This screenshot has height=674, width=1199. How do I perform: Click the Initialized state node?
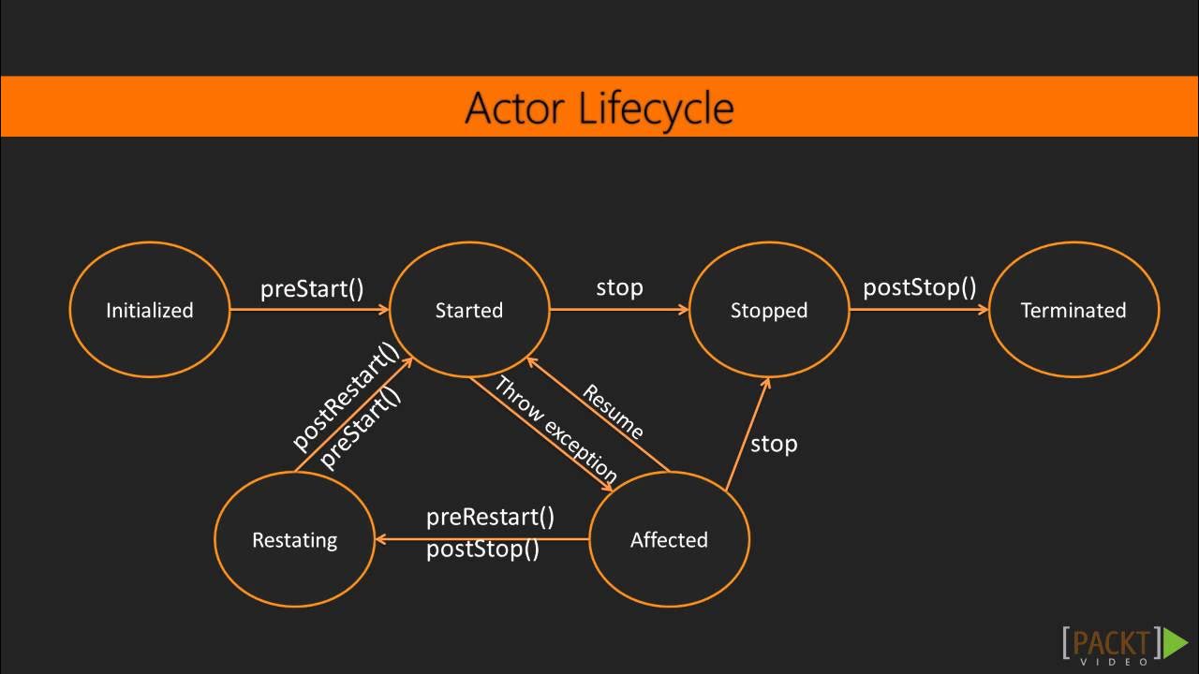(x=149, y=310)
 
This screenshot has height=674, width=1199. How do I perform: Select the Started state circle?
(x=468, y=310)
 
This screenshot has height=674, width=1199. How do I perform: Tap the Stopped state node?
(x=768, y=310)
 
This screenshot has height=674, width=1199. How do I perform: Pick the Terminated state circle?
(x=1073, y=310)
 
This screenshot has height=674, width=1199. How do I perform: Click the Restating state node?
(x=294, y=539)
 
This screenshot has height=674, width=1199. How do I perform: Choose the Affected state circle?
(x=669, y=539)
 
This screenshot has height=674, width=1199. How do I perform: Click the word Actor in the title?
(x=515, y=108)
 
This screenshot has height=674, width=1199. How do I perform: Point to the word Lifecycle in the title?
(x=656, y=108)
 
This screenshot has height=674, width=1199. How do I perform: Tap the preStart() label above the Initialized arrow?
(x=311, y=288)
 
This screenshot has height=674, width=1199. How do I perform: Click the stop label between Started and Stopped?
(x=619, y=287)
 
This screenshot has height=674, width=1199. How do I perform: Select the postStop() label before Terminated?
(x=919, y=286)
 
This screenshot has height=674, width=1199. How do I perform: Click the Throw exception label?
(x=555, y=429)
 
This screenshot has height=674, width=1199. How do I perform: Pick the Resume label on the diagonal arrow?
(x=614, y=412)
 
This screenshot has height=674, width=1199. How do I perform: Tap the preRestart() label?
(x=490, y=517)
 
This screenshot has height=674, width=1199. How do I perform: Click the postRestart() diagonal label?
(x=345, y=397)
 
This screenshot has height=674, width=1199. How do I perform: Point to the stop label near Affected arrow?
(x=773, y=444)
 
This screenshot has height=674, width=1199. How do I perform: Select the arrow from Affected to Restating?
(x=481, y=539)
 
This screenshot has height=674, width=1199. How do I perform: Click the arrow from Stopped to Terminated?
(x=918, y=310)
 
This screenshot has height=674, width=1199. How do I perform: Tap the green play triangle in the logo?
(x=1175, y=642)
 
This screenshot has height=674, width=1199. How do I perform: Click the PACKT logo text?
(x=1112, y=642)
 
